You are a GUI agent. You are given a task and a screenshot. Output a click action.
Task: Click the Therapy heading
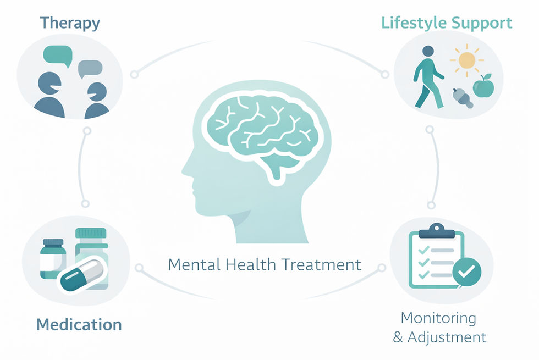tap(70, 24)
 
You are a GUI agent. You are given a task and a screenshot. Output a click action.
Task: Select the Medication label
tap(79, 324)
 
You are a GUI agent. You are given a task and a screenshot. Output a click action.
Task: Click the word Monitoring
tap(438, 318)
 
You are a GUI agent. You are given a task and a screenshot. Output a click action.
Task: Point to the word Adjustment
tap(446, 336)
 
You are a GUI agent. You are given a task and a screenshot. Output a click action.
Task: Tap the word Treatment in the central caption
tap(322, 264)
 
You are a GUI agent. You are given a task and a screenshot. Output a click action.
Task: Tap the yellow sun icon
tap(466, 61)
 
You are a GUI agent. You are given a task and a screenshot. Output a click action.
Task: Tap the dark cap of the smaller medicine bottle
tap(53, 243)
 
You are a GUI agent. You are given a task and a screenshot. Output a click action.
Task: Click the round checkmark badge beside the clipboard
tap(467, 269)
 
